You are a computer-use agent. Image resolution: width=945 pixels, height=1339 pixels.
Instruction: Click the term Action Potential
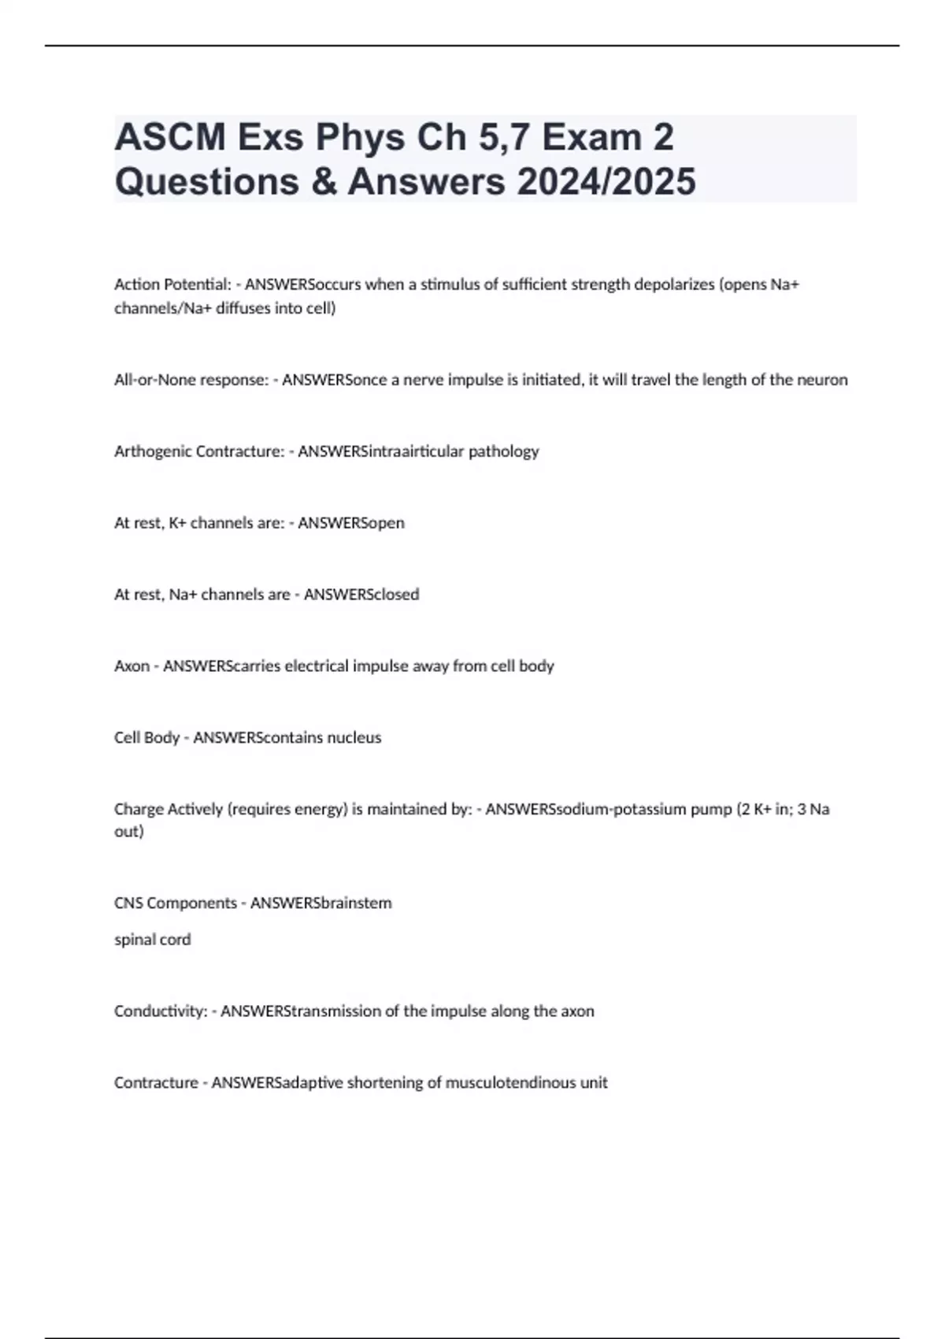(172, 284)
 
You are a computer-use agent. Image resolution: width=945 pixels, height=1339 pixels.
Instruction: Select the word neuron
(821, 380)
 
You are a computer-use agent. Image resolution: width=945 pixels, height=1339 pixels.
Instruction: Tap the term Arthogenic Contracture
(199, 451)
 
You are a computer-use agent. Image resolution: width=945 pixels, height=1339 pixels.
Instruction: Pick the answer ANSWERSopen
(351, 523)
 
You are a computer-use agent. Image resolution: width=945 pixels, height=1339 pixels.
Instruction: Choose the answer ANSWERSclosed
(361, 595)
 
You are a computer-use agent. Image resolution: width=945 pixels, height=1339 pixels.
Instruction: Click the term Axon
(132, 666)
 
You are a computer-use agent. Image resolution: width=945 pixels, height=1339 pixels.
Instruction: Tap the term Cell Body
(146, 738)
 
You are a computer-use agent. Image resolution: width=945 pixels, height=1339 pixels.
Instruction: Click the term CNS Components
(175, 903)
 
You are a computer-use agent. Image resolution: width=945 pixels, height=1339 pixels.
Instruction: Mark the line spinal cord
(153, 939)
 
